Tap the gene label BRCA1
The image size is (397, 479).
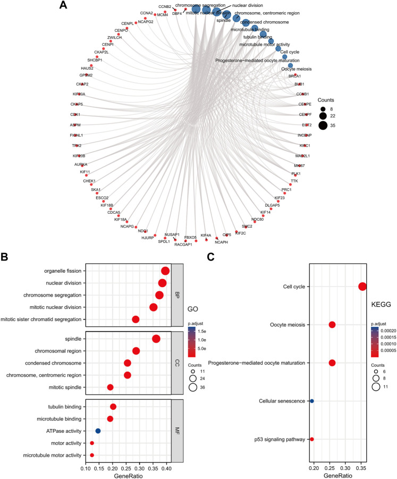(x=294, y=76)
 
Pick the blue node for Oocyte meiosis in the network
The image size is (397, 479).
(x=290, y=66)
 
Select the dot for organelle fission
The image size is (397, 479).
(x=165, y=271)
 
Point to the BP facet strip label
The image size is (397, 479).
(x=178, y=295)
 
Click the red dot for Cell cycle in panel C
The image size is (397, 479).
(x=362, y=287)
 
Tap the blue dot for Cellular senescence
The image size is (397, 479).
(x=312, y=401)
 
